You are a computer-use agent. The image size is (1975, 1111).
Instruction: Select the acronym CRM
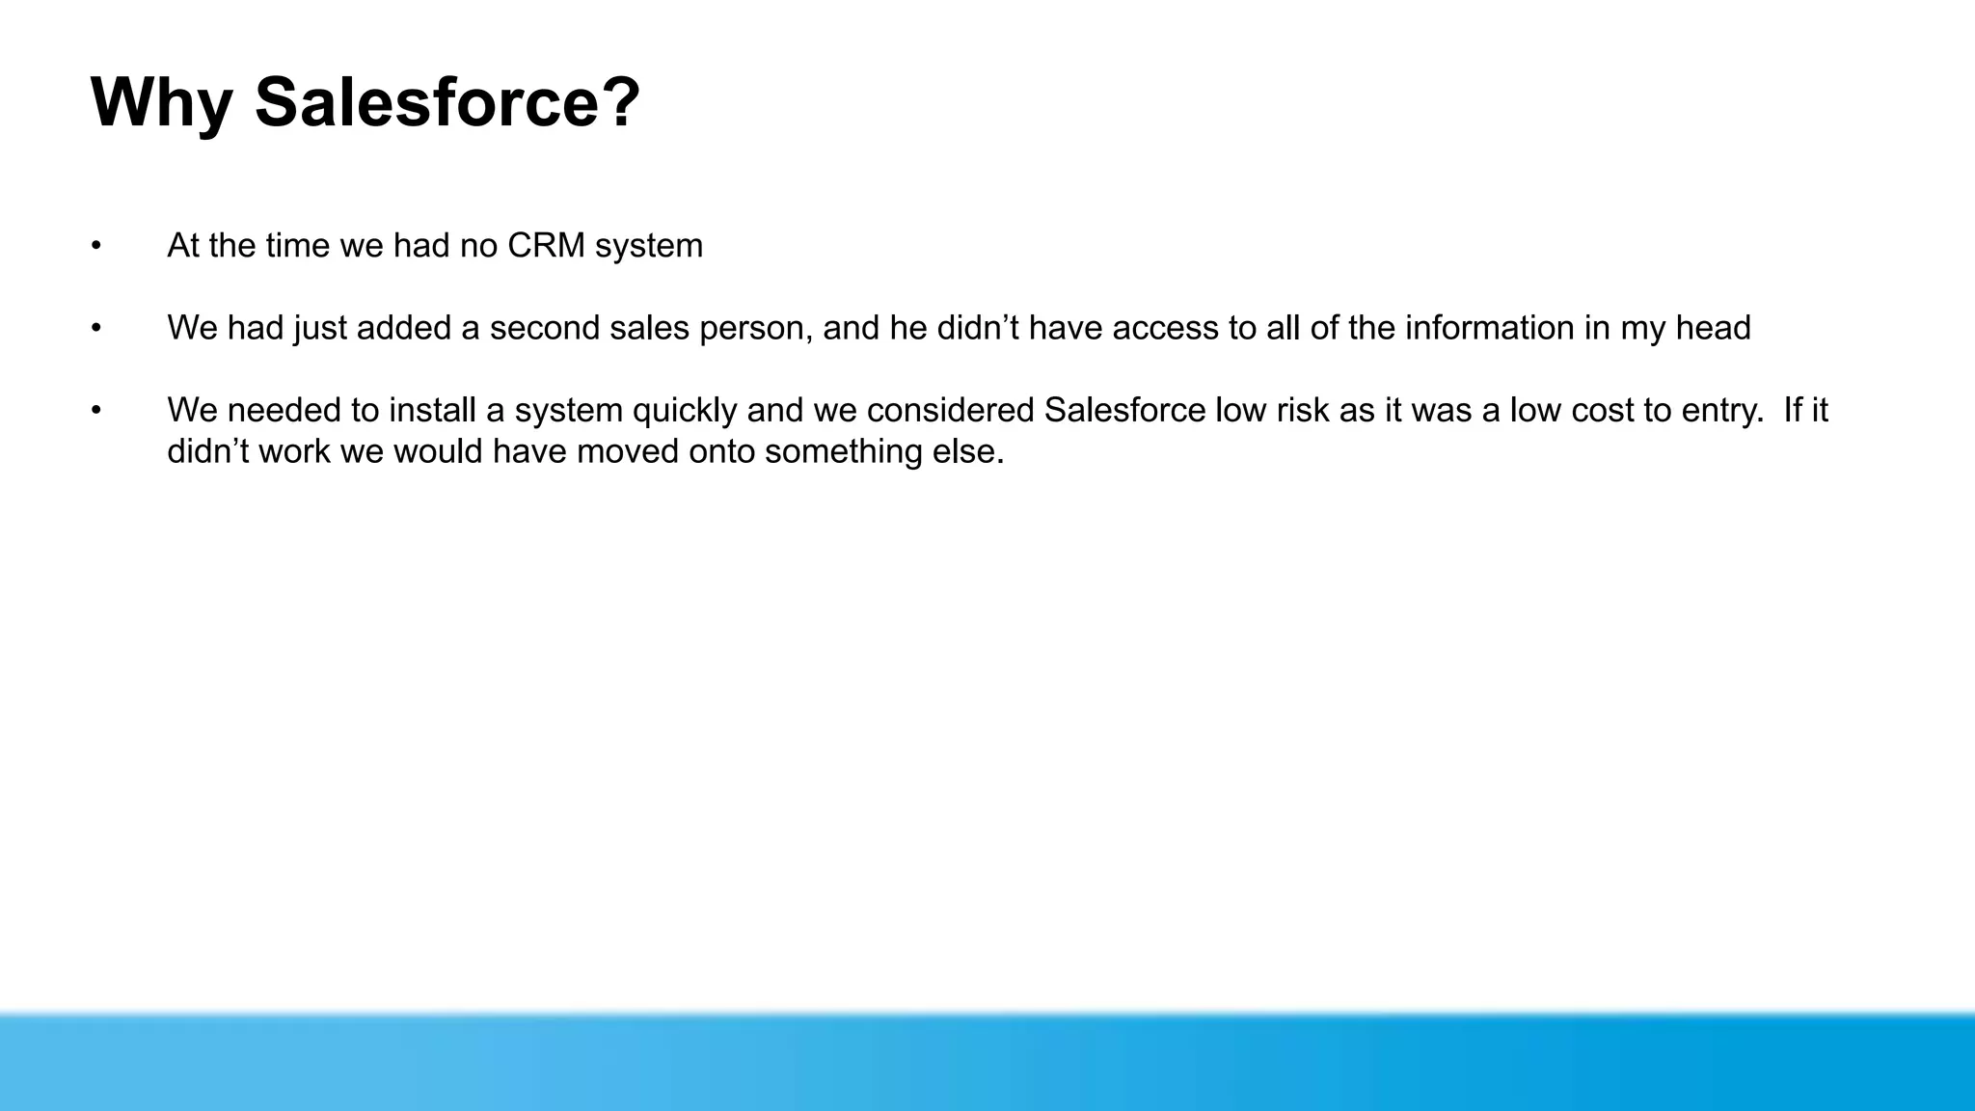pyautogui.click(x=546, y=246)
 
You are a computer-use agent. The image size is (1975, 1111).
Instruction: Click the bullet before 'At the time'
pyautogui.click(x=96, y=246)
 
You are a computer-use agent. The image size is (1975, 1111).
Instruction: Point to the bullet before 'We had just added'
pyautogui.click(x=96, y=328)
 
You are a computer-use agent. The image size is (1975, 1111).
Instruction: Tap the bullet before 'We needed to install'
pyautogui.click(x=96, y=411)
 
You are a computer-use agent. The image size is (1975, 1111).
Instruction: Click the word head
pyautogui.click(x=1713, y=328)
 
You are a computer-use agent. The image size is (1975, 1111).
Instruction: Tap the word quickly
pyautogui.click(x=684, y=411)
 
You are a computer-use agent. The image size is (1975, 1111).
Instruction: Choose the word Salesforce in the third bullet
pyautogui.click(x=1123, y=411)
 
